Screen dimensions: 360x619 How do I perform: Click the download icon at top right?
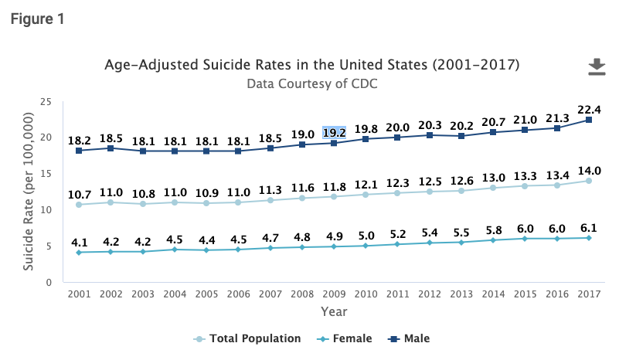pyautogui.click(x=596, y=68)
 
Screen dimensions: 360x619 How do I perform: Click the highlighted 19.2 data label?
pyautogui.click(x=334, y=131)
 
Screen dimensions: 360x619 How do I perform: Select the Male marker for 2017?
pyautogui.click(x=589, y=120)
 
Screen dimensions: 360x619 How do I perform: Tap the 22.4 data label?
pyautogui.click(x=589, y=109)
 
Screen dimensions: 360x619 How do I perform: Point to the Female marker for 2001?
pyautogui.click(x=78, y=252)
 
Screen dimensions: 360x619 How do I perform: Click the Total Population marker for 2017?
pyautogui.click(x=589, y=181)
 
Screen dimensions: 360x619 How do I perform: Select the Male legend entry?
pyautogui.click(x=410, y=338)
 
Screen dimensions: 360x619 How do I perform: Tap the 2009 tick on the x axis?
pyautogui.click(x=334, y=294)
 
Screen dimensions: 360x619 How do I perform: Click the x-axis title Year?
pyautogui.click(x=334, y=311)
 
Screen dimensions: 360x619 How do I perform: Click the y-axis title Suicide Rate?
pyautogui.click(x=29, y=192)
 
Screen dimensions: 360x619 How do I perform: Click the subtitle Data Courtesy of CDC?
pyautogui.click(x=312, y=83)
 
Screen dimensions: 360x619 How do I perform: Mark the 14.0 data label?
pyautogui.click(x=589, y=171)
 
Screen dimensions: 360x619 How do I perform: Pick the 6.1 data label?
pyautogui.click(x=589, y=228)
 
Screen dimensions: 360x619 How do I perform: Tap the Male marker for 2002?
pyautogui.click(x=111, y=148)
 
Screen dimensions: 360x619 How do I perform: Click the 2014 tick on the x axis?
pyautogui.click(x=493, y=294)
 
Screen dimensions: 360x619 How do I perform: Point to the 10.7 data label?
pyautogui.click(x=78, y=194)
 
